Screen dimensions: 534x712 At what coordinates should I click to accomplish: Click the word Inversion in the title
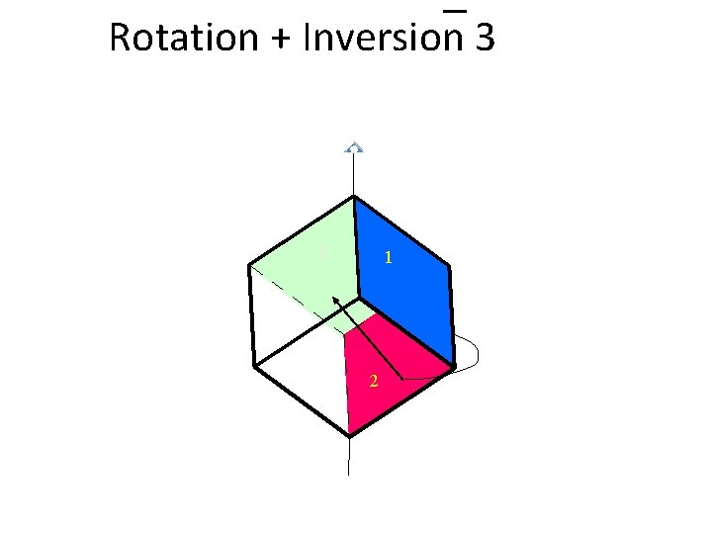pos(384,38)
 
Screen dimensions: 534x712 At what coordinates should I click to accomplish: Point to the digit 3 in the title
pos(484,38)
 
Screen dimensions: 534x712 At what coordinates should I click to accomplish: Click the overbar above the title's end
pos(454,11)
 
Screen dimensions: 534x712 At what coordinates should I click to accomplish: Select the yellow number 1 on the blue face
pos(390,258)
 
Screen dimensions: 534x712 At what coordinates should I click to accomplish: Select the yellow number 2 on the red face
pos(373,382)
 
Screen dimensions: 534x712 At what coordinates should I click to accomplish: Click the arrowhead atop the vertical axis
pos(353,147)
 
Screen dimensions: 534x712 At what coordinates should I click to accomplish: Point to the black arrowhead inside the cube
pos(335,300)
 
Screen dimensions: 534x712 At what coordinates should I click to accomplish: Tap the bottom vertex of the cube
pos(350,434)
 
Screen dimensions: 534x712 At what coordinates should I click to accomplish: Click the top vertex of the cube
pos(353,197)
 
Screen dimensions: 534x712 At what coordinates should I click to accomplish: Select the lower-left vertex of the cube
pos(254,366)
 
